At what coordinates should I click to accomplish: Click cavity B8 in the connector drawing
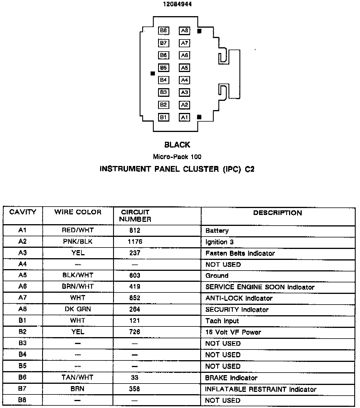click(164, 31)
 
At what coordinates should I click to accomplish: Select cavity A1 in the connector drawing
click(185, 117)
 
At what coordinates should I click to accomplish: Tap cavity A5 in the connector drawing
click(185, 68)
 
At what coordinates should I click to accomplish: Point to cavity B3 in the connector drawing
click(164, 92)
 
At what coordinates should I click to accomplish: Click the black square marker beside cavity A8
click(199, 31)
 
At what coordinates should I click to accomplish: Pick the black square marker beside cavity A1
click(199, 117)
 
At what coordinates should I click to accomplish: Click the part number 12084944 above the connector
click(177, 4)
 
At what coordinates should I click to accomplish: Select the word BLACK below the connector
click(177, 145)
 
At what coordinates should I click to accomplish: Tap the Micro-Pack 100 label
click(177, 157)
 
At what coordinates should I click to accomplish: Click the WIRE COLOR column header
click(78, 212)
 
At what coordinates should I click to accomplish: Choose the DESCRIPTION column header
click(277, 213)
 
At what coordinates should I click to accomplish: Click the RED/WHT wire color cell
click(78, 230)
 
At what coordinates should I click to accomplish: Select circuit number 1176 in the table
click(135, 241)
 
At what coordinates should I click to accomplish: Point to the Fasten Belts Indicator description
click(240, 253)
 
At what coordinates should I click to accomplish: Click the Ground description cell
click(217, 275)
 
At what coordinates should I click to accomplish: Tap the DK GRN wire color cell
click(78, 309)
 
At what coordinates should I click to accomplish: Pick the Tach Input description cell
click(222, 321)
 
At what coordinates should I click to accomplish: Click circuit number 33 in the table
click(135, 377)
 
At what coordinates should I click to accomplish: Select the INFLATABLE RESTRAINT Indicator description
click(260, 389)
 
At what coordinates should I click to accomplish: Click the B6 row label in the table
click(22, 377)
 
